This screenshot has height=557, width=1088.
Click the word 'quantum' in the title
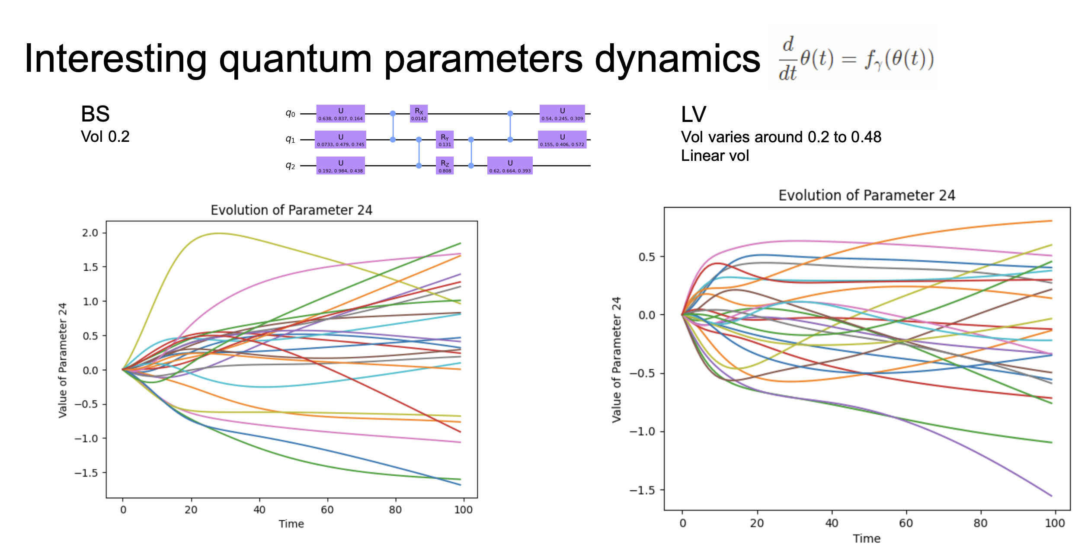(x=295, y=60)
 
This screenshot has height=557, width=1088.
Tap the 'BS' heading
(x=95, y=114)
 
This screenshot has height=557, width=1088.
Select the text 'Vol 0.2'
(x=105, y=137)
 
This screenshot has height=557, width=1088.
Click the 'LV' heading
(x=693, y=115)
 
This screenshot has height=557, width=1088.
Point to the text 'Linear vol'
(x=715, y=156)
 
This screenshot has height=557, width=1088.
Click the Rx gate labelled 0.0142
(x=419, y=114)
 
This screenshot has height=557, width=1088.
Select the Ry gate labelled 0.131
(x=445, y=140)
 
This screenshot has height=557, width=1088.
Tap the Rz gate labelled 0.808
(x=445, y=166)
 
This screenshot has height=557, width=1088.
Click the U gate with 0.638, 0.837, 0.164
(x=340, y=114)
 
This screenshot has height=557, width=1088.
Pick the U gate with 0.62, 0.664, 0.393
(x=510, y=166)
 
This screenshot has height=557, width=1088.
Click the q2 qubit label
(x=290, y=166)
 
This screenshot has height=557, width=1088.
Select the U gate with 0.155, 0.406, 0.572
(x=562, y=140)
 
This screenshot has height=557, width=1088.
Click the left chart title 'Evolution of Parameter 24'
(x=291, y=210)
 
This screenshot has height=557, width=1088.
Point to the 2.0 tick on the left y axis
(x=90, y=233)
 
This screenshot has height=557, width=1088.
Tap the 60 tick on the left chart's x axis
(x=327, y=510)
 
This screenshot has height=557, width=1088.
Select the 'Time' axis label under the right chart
(x=866, y=538)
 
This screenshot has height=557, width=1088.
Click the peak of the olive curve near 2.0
(x=220, y=234)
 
